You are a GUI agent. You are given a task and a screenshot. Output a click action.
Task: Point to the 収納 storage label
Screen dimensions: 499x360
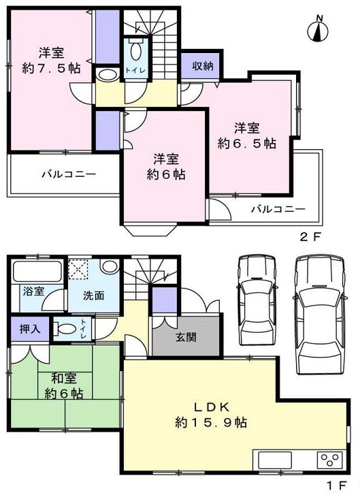coord(201,66)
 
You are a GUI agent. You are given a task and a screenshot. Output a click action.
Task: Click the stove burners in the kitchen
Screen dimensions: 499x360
coord(330,460)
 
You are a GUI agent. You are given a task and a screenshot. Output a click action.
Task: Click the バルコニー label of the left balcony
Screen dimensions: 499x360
coord(68,174)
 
